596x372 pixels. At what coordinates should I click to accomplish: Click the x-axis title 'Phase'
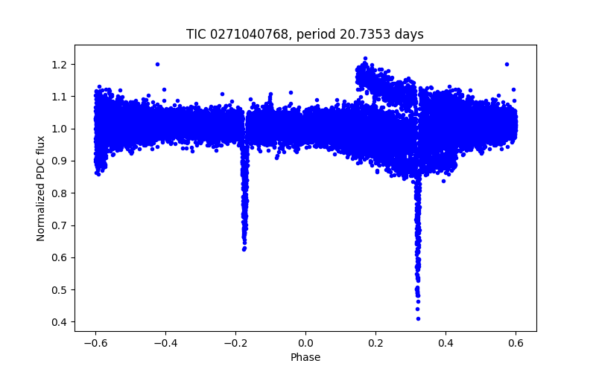tap(305, 357)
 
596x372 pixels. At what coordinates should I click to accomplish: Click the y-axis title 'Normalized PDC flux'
tap(42, 188)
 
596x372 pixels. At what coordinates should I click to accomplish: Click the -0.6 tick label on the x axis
tap(95, 343)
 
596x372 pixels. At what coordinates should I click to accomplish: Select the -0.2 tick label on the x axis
tap(235, 343)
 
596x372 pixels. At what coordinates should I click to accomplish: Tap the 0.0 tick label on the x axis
tap(305, 343)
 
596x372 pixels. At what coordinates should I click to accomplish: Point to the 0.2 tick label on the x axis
tap(376, 343)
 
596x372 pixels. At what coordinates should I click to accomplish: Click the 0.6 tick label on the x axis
tap(516, 343)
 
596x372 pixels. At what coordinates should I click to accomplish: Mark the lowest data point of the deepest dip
tap(418, 318)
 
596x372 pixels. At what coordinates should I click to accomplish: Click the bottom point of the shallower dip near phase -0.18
tap(244, 249)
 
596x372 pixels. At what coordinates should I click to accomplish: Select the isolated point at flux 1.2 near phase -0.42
tap(157, 64)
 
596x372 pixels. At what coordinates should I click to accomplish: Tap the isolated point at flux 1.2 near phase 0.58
tap(507, 64)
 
